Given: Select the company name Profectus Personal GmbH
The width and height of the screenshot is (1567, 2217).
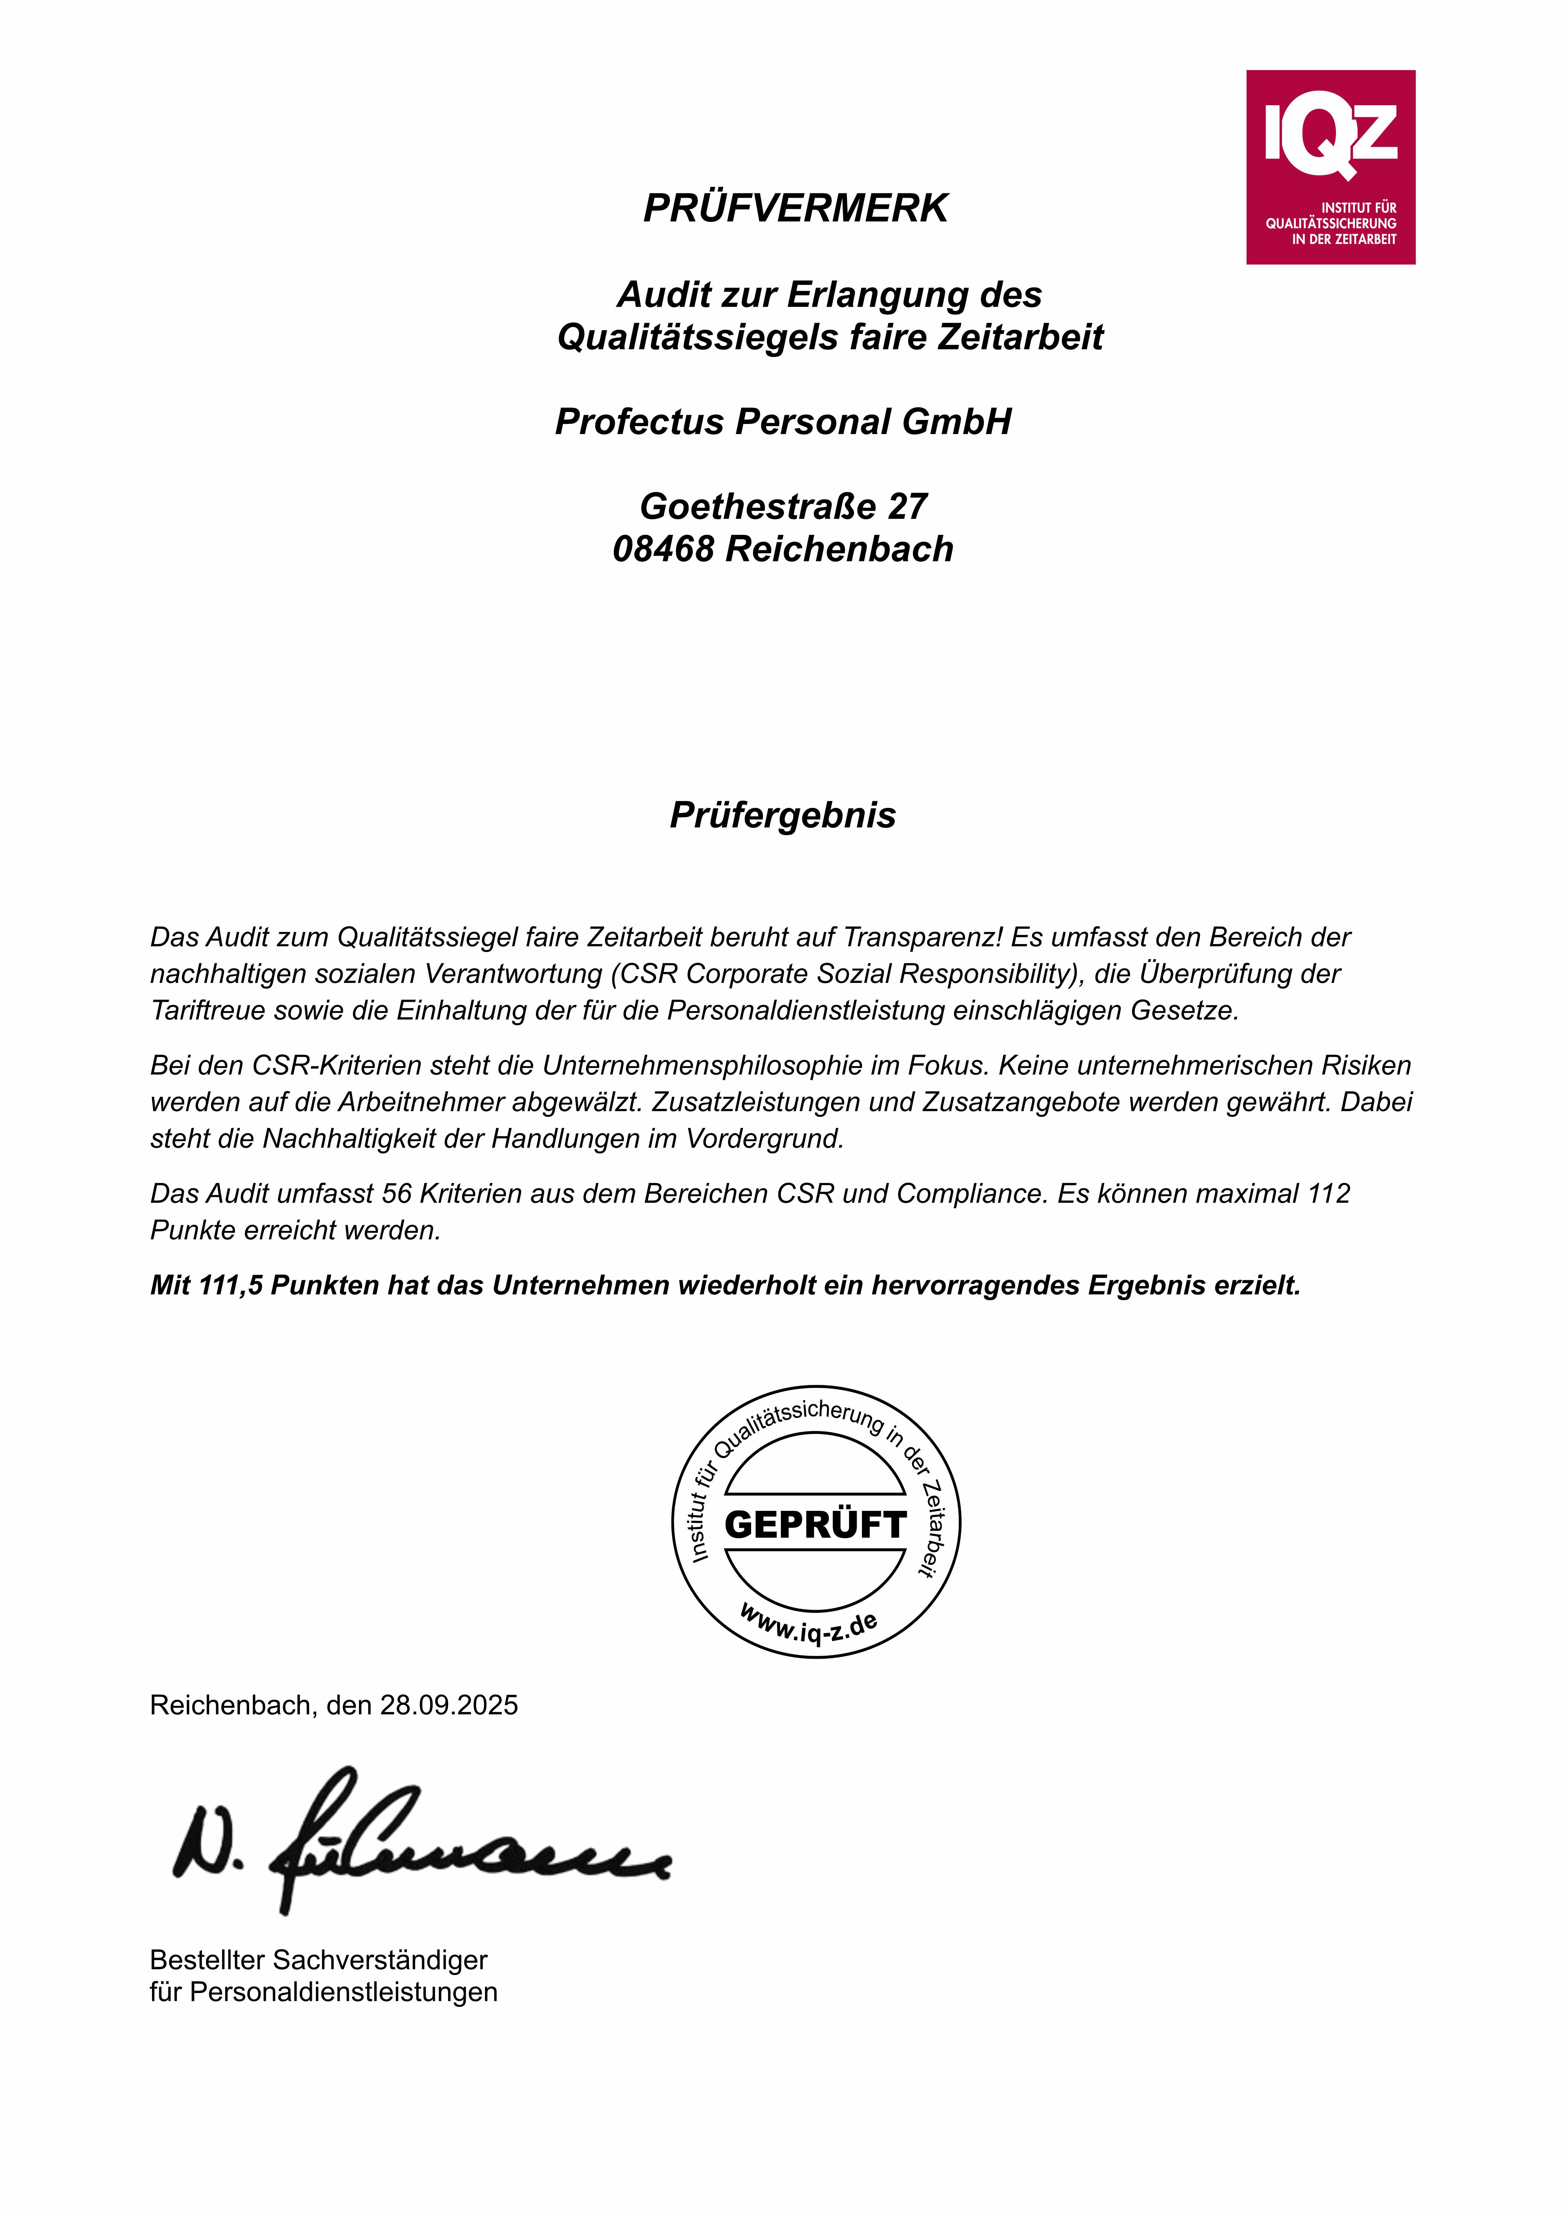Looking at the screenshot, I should pyautogui.click(x=783, y=422).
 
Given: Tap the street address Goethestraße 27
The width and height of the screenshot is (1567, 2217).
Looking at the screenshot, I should pyautogui.click(x=783, y=506).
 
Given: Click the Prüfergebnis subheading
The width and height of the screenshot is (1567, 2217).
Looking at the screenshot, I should pyautogui.click(x=783, y=815).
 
